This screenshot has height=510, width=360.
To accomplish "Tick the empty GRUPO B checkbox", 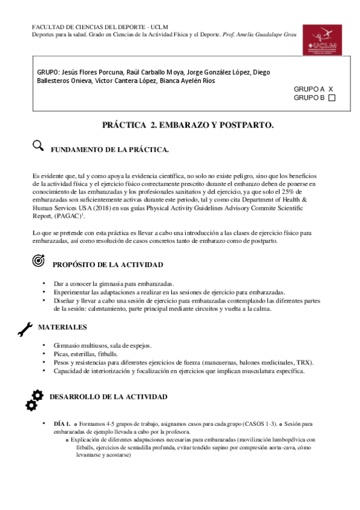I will pyautogui.click(x=332, y=98).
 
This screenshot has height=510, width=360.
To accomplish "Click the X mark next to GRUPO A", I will pyautogui.click(x=331, y=88).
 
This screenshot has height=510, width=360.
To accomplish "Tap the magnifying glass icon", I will pyautogui.click(x=38, y=145).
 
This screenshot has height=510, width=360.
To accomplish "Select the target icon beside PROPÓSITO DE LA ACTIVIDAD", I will pyautogui.click(x=37, y=261).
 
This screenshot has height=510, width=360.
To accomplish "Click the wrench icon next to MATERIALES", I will pyautogui.click(x=26, y=328).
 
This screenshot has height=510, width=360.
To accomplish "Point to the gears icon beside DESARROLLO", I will pyautogui.click(x=34, y=399).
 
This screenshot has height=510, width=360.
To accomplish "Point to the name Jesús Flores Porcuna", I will pyautogui.click(x=87, y=72).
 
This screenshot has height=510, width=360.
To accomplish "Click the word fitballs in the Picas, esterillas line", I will pyautogui.click(x=109, y=354).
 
